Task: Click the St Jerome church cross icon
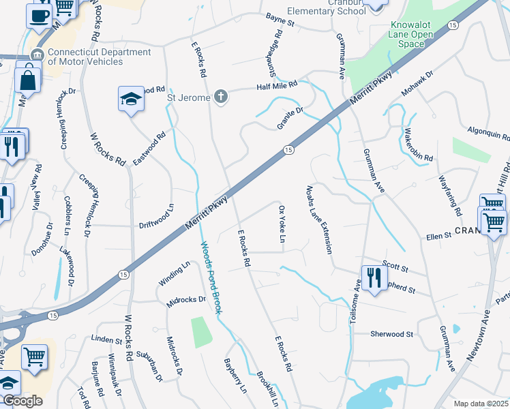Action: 220,97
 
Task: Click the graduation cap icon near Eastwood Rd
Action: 131,100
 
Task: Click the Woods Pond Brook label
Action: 212,276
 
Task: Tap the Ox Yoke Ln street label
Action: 281,224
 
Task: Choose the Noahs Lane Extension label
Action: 320,219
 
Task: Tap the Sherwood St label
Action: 392,334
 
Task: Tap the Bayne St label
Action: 280,23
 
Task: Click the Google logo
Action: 22,401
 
